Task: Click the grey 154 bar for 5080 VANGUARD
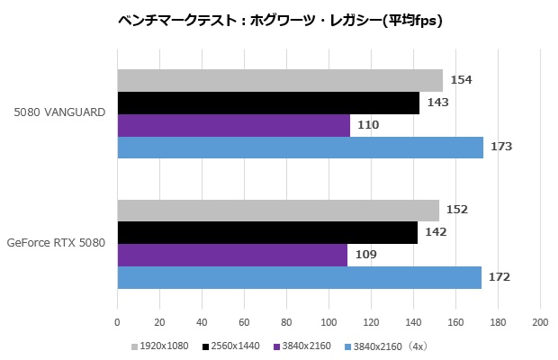point(279,80)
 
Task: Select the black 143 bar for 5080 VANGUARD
point(268,103)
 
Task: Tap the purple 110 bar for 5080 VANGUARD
point(233,125)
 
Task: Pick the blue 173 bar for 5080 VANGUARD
point(300,148)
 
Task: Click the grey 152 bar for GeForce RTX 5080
point(277,210)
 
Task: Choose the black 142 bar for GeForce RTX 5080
point(267,232)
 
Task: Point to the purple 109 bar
point(232,255)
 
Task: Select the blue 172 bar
point(299,277)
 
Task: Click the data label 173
point(500,147)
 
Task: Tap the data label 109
point(365,255)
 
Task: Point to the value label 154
point(461,80)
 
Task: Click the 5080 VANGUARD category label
point(60,112)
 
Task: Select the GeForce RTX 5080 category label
point(57,242)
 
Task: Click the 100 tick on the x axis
point(328,321)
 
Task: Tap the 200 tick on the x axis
point(540,321)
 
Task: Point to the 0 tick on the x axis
point(117,321)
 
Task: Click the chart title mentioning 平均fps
point(280,19)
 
